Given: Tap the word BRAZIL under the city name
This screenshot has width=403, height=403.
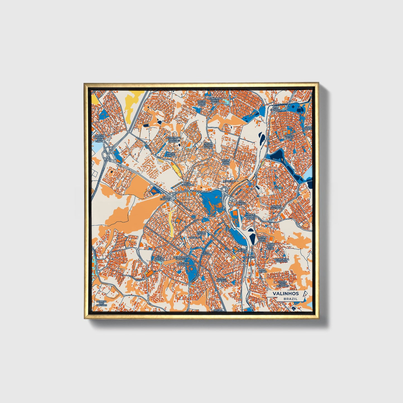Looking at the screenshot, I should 290,299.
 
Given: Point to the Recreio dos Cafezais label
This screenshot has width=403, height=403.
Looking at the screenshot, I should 101,303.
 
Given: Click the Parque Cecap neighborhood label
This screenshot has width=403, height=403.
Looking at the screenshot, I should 289,137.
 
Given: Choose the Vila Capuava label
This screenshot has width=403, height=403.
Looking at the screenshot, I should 276,109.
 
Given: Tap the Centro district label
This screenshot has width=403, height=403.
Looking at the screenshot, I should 278,188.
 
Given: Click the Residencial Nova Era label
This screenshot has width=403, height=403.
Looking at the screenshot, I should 281,260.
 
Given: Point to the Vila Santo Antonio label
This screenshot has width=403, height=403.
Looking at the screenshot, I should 159,258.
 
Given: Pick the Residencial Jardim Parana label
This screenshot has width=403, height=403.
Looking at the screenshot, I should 173,139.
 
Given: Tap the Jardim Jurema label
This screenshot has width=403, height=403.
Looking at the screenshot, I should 170,154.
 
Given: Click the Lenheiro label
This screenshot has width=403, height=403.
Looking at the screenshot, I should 229,181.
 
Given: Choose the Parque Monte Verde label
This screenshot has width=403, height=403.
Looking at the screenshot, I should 250,216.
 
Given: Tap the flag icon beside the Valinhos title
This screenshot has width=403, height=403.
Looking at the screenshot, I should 305,294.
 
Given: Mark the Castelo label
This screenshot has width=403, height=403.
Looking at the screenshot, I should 194,237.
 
